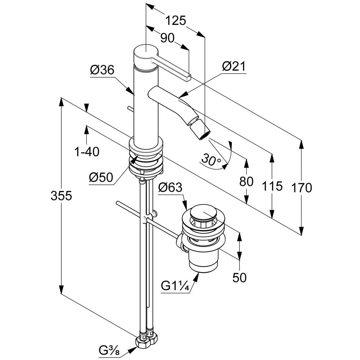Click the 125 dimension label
[x=176, y=21]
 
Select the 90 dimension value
[x=167, y=38]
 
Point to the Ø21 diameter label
[x=234, y=66]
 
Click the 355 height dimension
[x=61, y=196]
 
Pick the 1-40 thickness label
[x=87, y=152]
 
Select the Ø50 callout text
[x=101, y=177]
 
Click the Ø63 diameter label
[x=170, y=187]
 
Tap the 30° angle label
[x=211, y=160]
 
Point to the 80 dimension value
[x=246, y=181]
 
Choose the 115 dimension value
[x=272, y=186]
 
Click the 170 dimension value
[x=301, y=188]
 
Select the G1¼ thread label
[x=175, y=286]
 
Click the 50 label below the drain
[x=239, y=277]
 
